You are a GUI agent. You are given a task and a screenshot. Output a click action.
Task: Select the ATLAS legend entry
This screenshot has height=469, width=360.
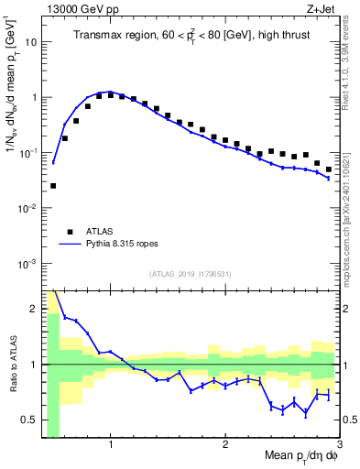[102, 232]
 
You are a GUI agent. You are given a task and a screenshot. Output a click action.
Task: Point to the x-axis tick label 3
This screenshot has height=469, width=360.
[339, 447]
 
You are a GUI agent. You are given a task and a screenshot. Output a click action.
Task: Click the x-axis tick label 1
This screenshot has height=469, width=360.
[110, 447]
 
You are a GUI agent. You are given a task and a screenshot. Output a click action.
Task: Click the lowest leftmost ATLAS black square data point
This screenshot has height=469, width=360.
[53, 186]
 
